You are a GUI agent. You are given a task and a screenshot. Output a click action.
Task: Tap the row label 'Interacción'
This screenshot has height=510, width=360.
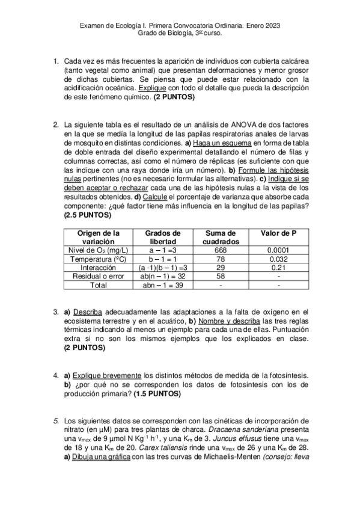click(x=98, y=267)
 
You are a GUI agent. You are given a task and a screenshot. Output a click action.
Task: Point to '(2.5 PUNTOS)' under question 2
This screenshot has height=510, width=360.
click(x=88, y=215)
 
